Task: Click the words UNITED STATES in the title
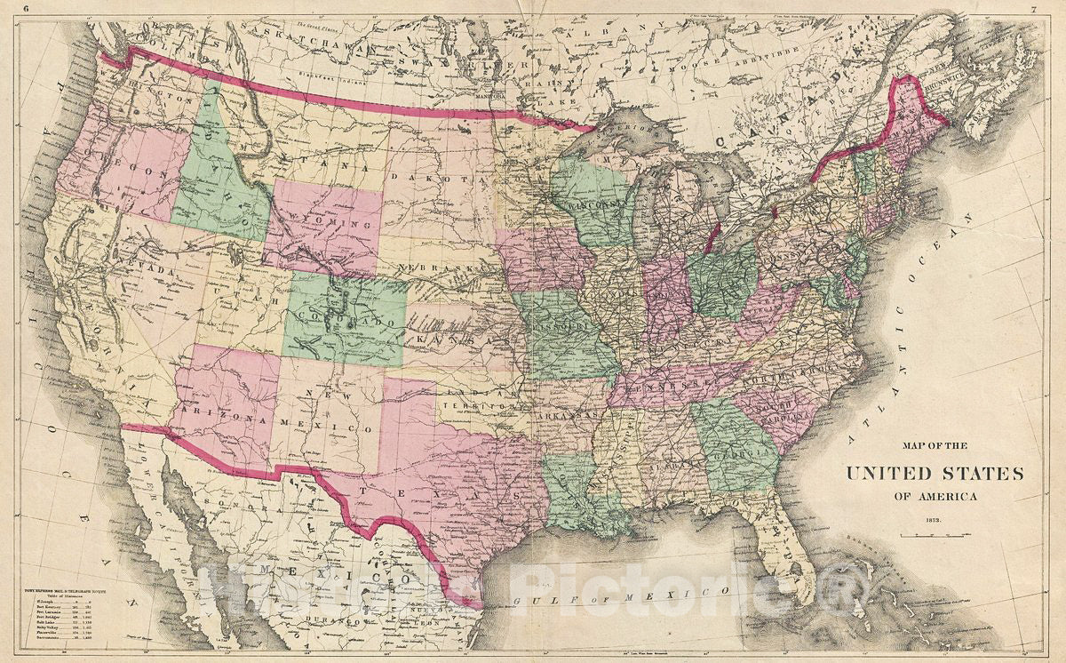pyautogui.click(x=934, y=473)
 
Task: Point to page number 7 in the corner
pyautogui.click(x=1035, y=8)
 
